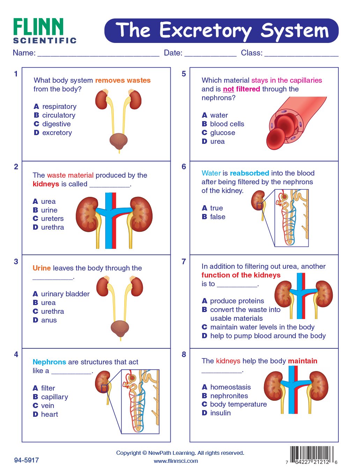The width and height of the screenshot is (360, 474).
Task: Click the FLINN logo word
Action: coord(38,27)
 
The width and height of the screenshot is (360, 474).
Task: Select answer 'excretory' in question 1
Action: coord(57,133)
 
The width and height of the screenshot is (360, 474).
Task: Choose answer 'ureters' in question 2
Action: coord(52,219)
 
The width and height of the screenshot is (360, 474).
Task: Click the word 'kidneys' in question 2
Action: coord(46,184)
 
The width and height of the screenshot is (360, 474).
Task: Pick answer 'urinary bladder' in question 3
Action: coord(65,294)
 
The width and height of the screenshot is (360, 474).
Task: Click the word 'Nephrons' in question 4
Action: coord(49,362)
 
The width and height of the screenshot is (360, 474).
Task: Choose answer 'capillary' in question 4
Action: coord(54,397)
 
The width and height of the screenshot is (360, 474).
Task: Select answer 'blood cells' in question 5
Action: coord(227,124)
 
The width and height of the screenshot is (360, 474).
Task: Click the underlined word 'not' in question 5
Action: coord(228,89)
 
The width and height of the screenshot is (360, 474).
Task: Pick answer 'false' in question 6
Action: coord(218,217)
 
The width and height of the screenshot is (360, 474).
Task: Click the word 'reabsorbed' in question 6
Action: coord(249,173)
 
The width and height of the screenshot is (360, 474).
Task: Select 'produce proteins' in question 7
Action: coord(237,301)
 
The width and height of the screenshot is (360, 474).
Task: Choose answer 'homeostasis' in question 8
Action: coord(230,387)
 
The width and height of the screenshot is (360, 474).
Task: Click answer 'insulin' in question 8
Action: coord(220,413)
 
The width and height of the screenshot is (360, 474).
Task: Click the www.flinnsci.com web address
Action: coord(176,461)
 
